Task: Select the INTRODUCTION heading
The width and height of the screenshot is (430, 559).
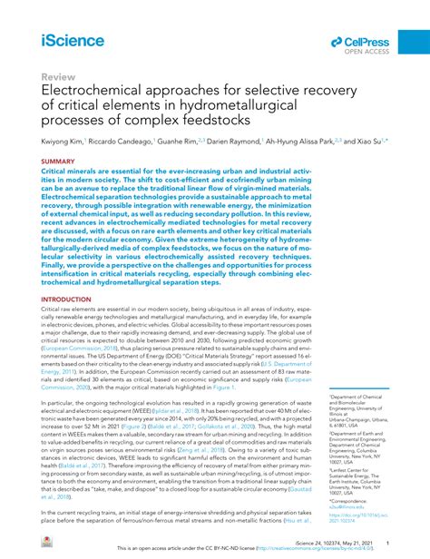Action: pyautogui.click(x=66, y=299)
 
